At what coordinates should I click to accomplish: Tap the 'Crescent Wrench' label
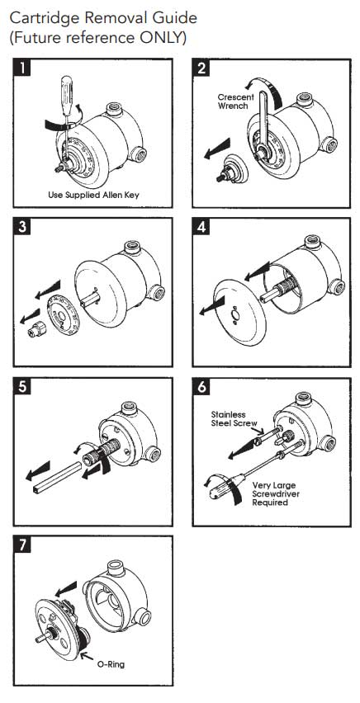[234, 101]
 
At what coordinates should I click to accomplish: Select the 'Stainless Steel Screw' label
[231, 419]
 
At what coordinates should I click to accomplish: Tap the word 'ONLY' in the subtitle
[162, 37]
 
